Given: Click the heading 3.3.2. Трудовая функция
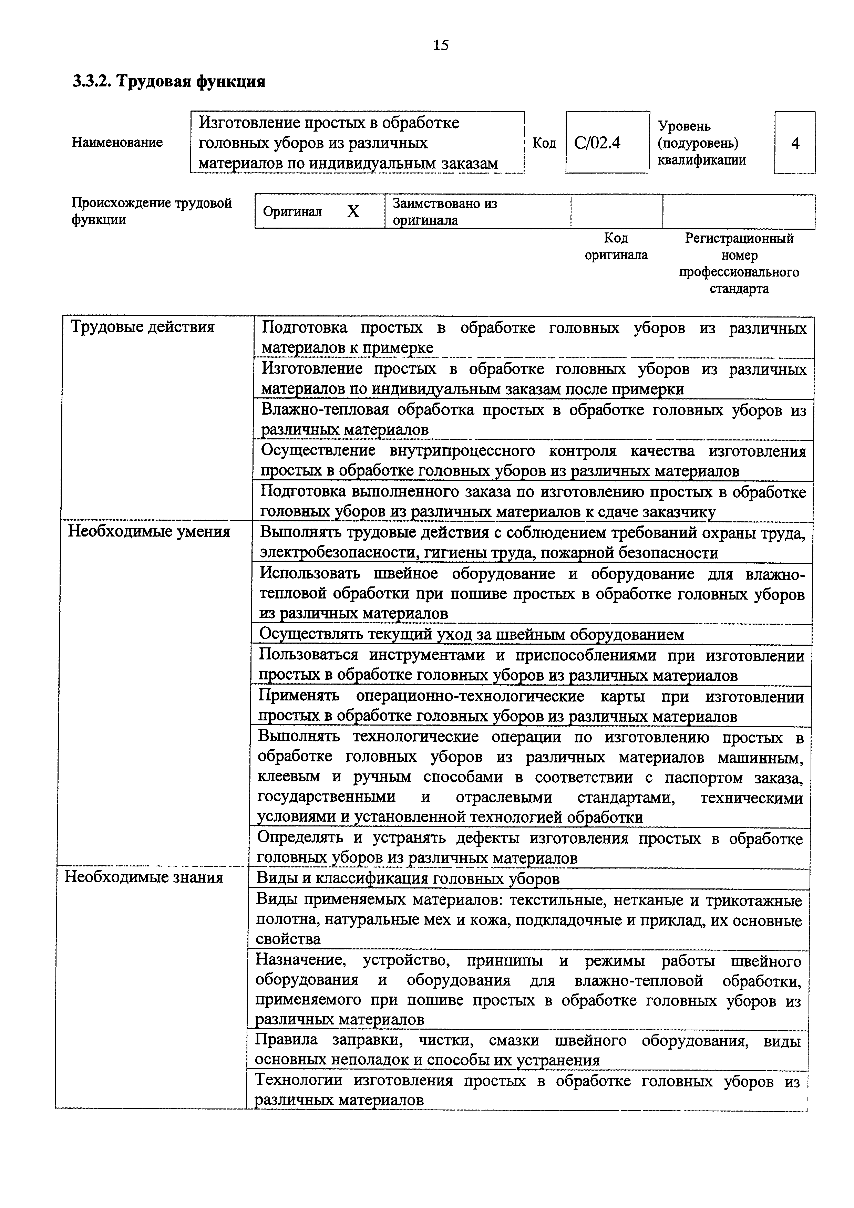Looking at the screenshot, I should pos(169,82).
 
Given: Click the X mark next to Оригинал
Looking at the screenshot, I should pos(353,211).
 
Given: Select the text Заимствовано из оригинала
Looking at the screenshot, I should pos(445,211).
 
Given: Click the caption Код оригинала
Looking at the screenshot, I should pos(616,247).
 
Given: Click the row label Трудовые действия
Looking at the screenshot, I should pos(143,327).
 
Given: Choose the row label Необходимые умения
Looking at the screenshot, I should pos(150,532).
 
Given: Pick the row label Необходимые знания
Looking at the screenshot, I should pos(144,877).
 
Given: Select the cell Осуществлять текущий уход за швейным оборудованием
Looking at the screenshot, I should pos(472,635).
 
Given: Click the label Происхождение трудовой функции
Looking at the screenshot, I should pos(152,211).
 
